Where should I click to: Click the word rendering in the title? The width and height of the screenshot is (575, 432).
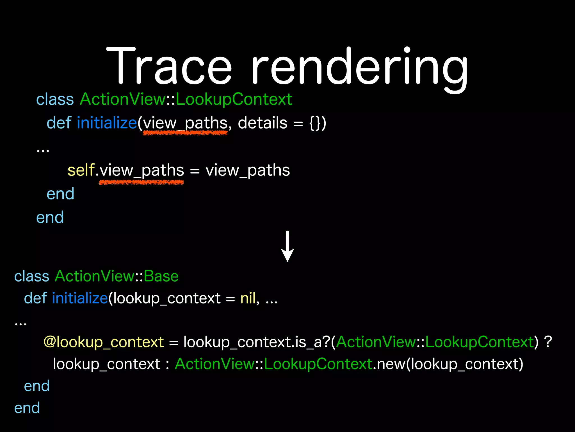(359, 67)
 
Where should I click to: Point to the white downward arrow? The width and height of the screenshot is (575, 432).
(287, 246)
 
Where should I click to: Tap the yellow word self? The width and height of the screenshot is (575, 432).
(81, 170)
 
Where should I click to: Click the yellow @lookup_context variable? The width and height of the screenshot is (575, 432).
(104, 342)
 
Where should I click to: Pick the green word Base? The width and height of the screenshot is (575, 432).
(161, 276)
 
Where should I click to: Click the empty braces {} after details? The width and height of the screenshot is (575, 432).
(315, 123)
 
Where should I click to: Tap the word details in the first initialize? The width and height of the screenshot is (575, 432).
(263, 123)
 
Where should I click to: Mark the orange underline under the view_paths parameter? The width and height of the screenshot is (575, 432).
(185, 133)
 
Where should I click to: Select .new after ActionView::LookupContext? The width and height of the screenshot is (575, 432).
(389, 364)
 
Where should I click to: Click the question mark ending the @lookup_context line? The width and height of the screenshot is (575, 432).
(548, 342)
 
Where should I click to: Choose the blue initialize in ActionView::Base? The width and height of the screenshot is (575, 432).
(80, 298)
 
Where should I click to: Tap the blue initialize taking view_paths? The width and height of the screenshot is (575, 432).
(107, 123)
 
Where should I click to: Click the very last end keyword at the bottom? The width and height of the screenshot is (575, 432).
(27, 408)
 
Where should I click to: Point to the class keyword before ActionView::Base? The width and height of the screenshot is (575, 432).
(32, 276)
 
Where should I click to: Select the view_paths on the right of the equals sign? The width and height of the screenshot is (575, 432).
(248, 170)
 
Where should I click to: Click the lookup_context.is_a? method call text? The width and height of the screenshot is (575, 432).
(257, 342)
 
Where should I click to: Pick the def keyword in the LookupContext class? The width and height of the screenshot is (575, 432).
(59, 123)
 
